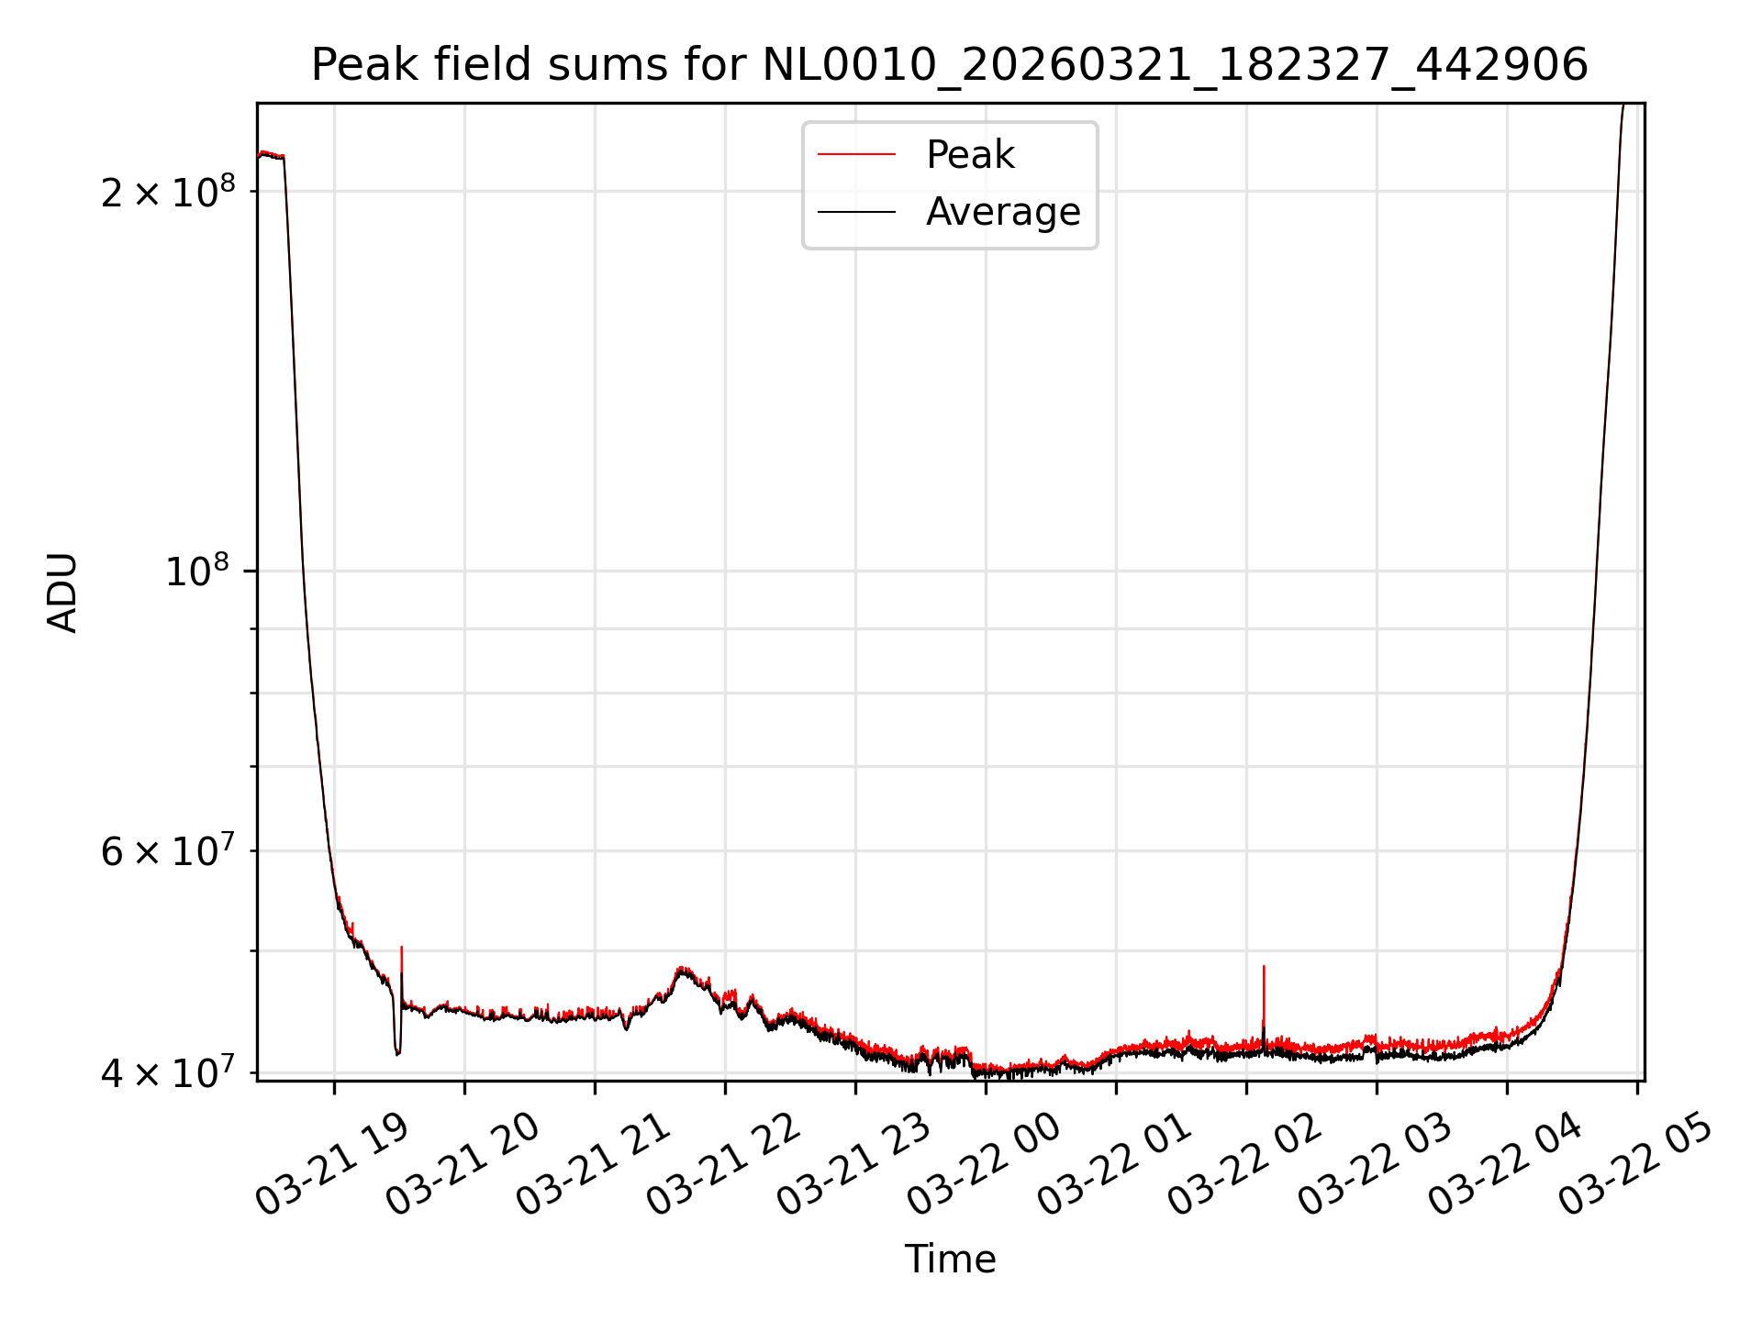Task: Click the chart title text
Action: pyautogui.click(x=950, y=65)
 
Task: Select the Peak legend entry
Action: pyautogui.click(x=970, y=155)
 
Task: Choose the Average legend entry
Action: pyautogui.click(x=1002, y=212)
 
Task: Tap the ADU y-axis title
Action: pyautogui.click(x=62, y=593)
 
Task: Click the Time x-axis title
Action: pyautogui.click(x=950, y=1260)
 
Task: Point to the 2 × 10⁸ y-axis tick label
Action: pyautogui.click(x=168, y=192)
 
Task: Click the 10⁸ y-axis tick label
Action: pyautogui.click(x=195, y=572)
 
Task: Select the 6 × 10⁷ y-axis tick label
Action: pyautogui.click(x=168, y=851)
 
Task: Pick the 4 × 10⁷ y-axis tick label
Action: pyautogui.click(x=168, y=1072)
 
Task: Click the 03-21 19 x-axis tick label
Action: pyautogui.click(x=332, y=1165)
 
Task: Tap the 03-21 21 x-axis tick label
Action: pyautogui.click(x=593, y=1165)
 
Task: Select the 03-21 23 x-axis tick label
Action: pyautogui.click(x=854, y=1165)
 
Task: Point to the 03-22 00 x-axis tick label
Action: pyautogui.click(x=985, y=1165)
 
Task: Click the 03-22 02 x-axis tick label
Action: pyautogui.click(x=1245, y=1165)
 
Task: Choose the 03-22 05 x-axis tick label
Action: pyautogui.click(x=1636, y=1165)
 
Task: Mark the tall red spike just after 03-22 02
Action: pyautogui.click(x=1264, y=969)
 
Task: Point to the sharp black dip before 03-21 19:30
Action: pyautogui.click(x=397, y=1052)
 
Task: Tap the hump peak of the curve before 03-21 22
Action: pyautogui.click(x=681, y=969)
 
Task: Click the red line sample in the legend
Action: pyautogui.click(x=856, y=155)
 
